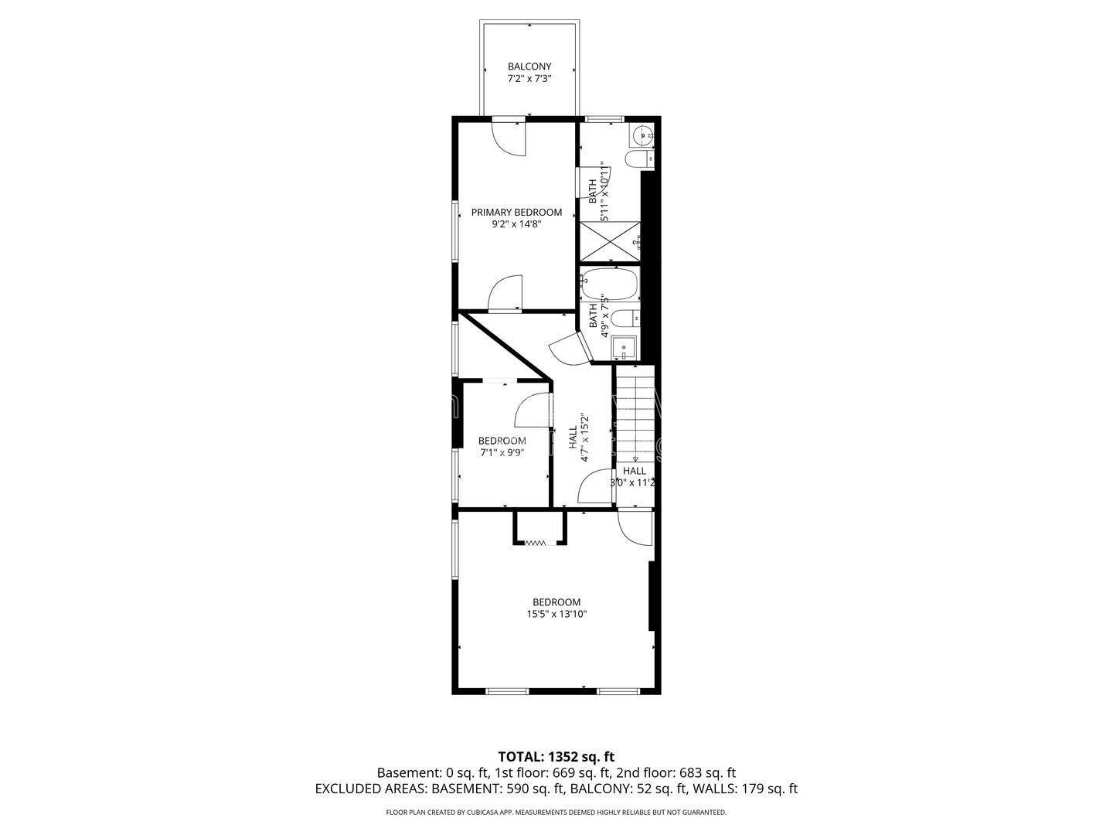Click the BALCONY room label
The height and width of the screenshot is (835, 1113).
click(x=529, y=66)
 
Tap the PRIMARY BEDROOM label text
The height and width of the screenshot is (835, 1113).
click(x=516, y=213)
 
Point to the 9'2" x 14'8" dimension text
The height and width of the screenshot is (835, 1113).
click(x=516, y=224)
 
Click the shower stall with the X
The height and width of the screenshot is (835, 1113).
click(x=610, y=242)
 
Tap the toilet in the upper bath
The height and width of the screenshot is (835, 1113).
click(x=639, y=159)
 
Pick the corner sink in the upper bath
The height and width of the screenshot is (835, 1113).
click(x=642, y=135)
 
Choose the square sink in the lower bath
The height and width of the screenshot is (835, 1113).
click(x=624, y=348)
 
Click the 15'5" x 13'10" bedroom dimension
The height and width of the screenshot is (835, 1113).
click(x=556, y=615)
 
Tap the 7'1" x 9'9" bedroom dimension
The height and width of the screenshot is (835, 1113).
click(x=502, y=453)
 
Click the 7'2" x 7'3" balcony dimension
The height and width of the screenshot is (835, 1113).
click(x=529, y=79)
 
